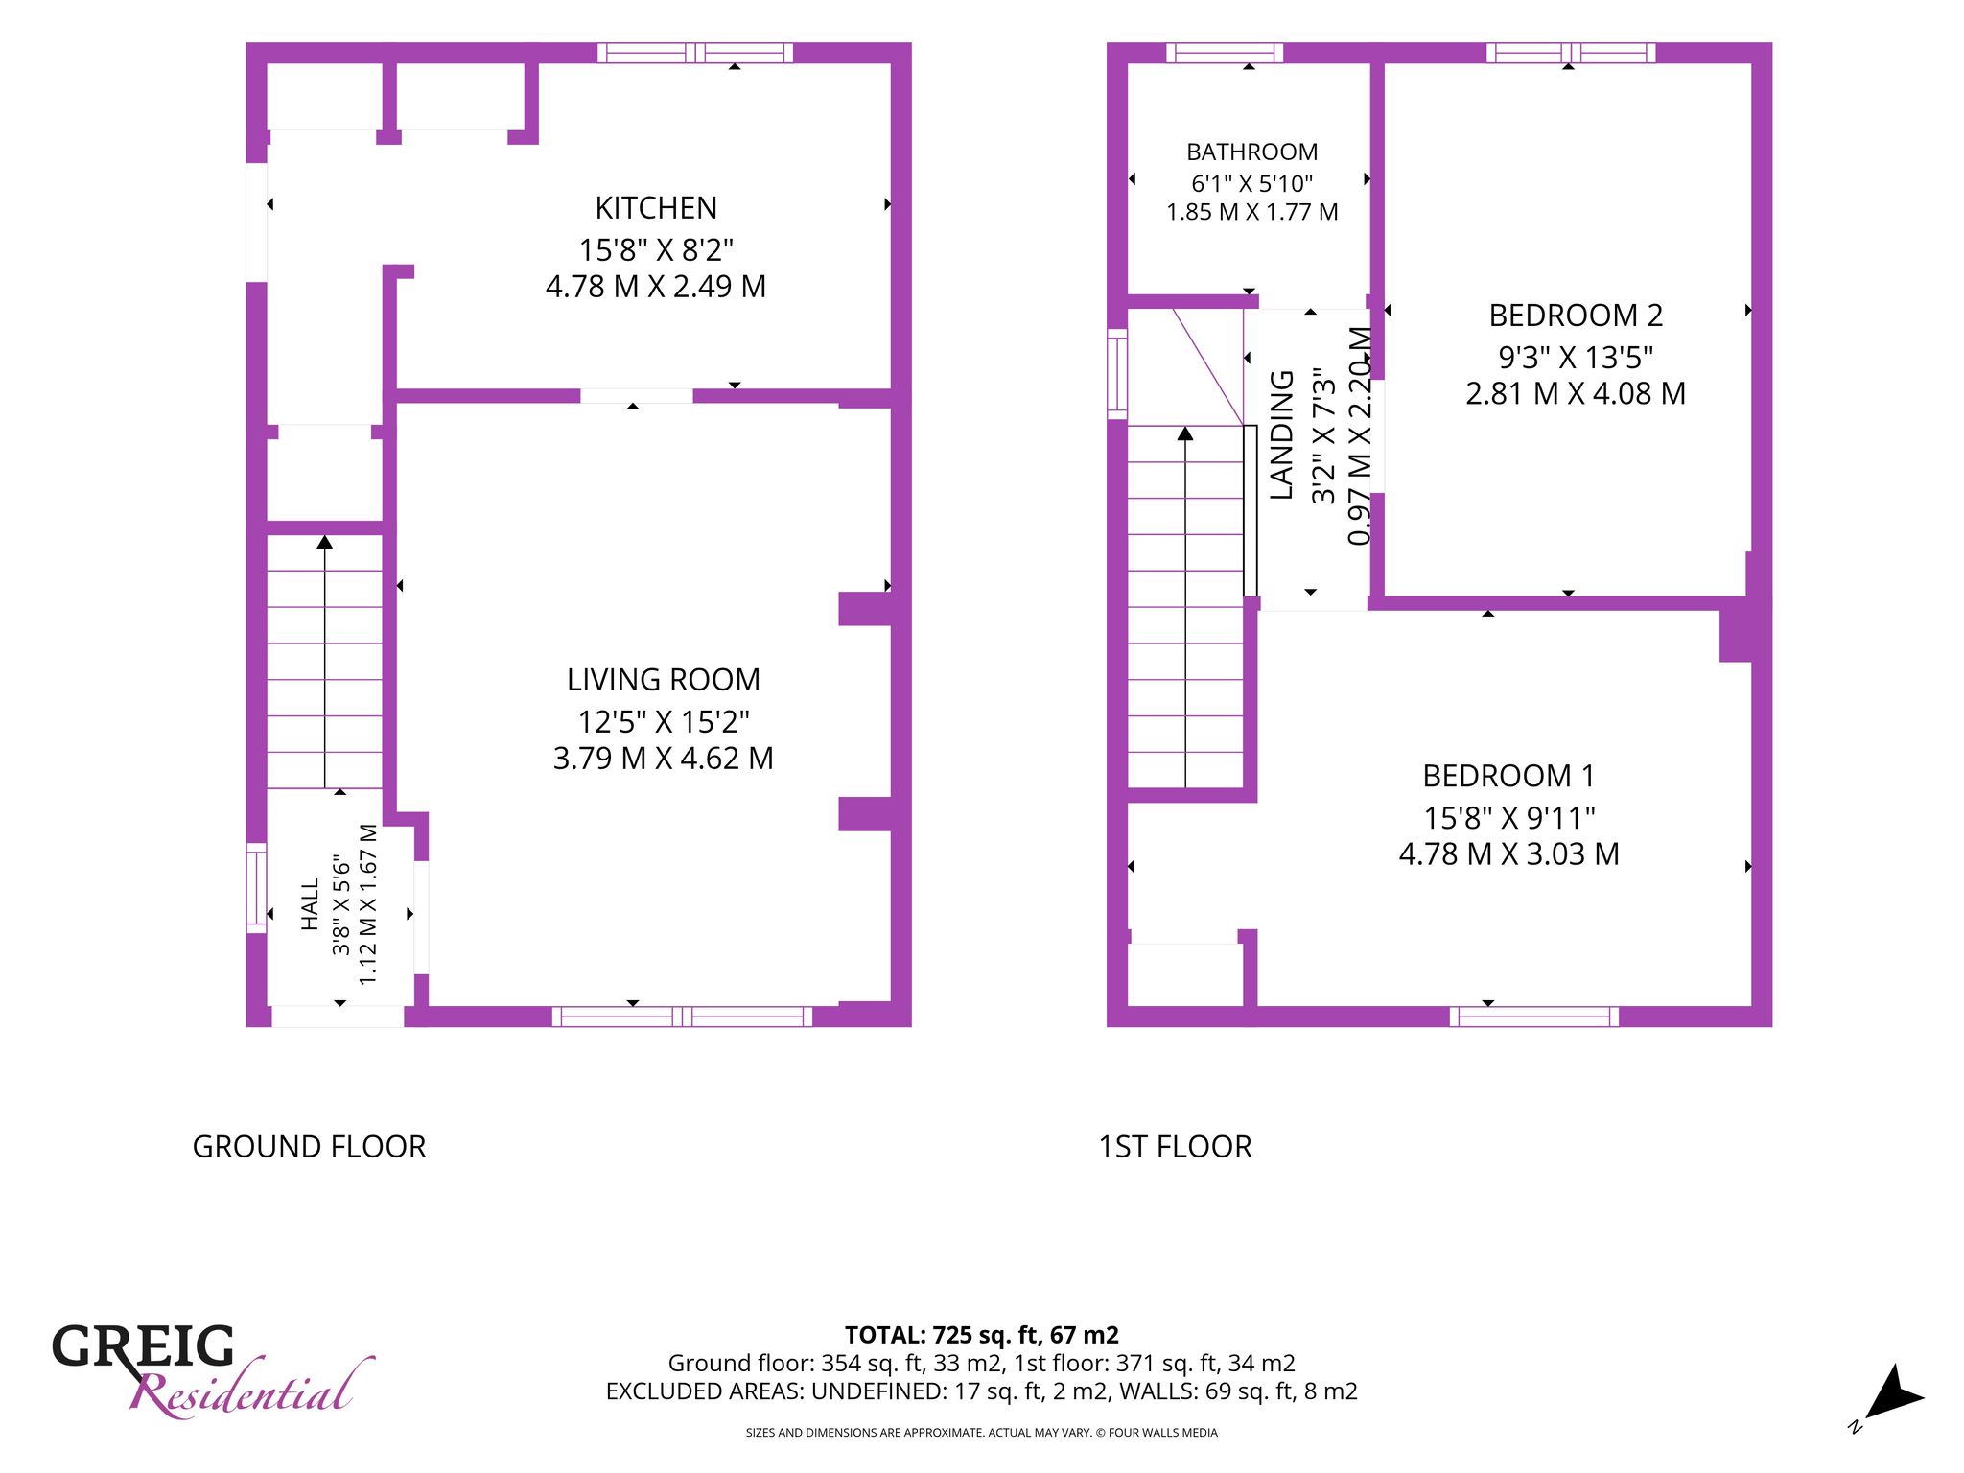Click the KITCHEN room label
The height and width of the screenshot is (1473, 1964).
[x=656, y=208]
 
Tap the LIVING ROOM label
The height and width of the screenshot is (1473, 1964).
[x=664, y=680]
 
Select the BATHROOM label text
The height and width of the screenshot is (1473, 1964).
[x=1252, y=152]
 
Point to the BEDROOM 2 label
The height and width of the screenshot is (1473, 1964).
[x=1576, y=316]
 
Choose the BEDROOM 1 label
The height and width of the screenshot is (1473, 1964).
[x=1509, y=776]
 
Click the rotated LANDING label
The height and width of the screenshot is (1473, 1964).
[x=1282, y=434]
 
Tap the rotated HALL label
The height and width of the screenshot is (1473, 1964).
[x=310, y=904]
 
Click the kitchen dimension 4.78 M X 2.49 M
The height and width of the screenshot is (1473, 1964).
[x=656, y=287]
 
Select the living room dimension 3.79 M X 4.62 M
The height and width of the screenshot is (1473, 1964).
[x=664, y=759]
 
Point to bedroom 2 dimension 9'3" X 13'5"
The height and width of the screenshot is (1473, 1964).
[x=1576, y=358]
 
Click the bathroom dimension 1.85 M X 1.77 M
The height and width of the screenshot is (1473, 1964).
[x=1252, y=212]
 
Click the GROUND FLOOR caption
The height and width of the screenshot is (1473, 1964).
[x=309, y=1147]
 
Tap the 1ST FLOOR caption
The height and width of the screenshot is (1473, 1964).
[x=1175, y=1147]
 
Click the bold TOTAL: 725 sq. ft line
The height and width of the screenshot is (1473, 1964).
[x=982, y=1335]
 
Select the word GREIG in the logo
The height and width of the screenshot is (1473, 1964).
[x=143, y=1346]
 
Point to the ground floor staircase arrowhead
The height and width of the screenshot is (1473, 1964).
[x=325, y=542]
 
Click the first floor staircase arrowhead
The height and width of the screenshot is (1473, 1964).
[x=1185, y=433]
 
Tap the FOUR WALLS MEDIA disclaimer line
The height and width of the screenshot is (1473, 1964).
[x=982, y=1433]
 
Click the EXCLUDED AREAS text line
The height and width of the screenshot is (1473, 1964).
[x=982, y=1391]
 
